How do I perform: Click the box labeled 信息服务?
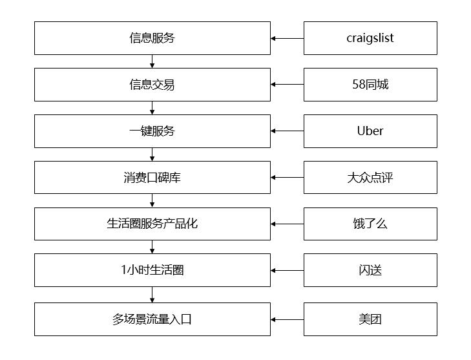152,38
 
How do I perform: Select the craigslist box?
370,38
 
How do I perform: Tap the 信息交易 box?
152,85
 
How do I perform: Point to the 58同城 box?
370,85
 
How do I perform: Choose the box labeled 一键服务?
152,131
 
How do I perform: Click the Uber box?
370,131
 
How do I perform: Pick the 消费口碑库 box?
152,177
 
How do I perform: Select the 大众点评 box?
370,177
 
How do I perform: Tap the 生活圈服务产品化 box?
152,224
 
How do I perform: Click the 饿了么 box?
370,224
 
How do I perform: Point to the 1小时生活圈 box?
152,270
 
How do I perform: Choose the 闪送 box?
370,270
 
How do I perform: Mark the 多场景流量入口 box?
152,319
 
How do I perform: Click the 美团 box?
370,319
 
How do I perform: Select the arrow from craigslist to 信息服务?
288,38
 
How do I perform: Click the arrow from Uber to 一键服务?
288,131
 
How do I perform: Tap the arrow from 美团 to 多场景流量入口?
288,319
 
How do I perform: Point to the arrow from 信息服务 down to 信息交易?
152,61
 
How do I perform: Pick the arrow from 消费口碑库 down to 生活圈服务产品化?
152,200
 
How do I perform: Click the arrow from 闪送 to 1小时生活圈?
288,270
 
